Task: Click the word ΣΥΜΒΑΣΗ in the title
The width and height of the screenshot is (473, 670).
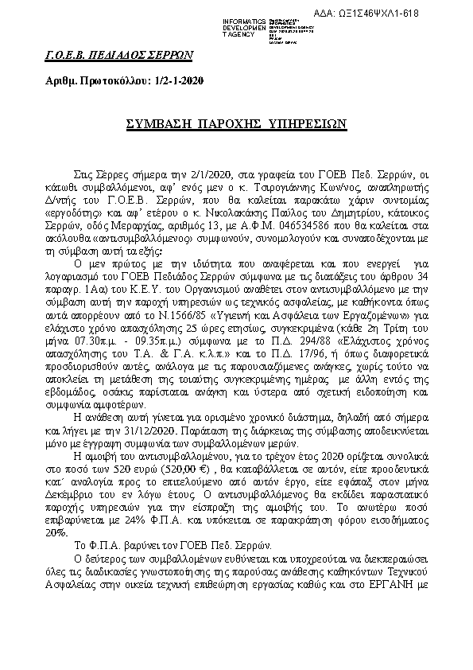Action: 162,124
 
